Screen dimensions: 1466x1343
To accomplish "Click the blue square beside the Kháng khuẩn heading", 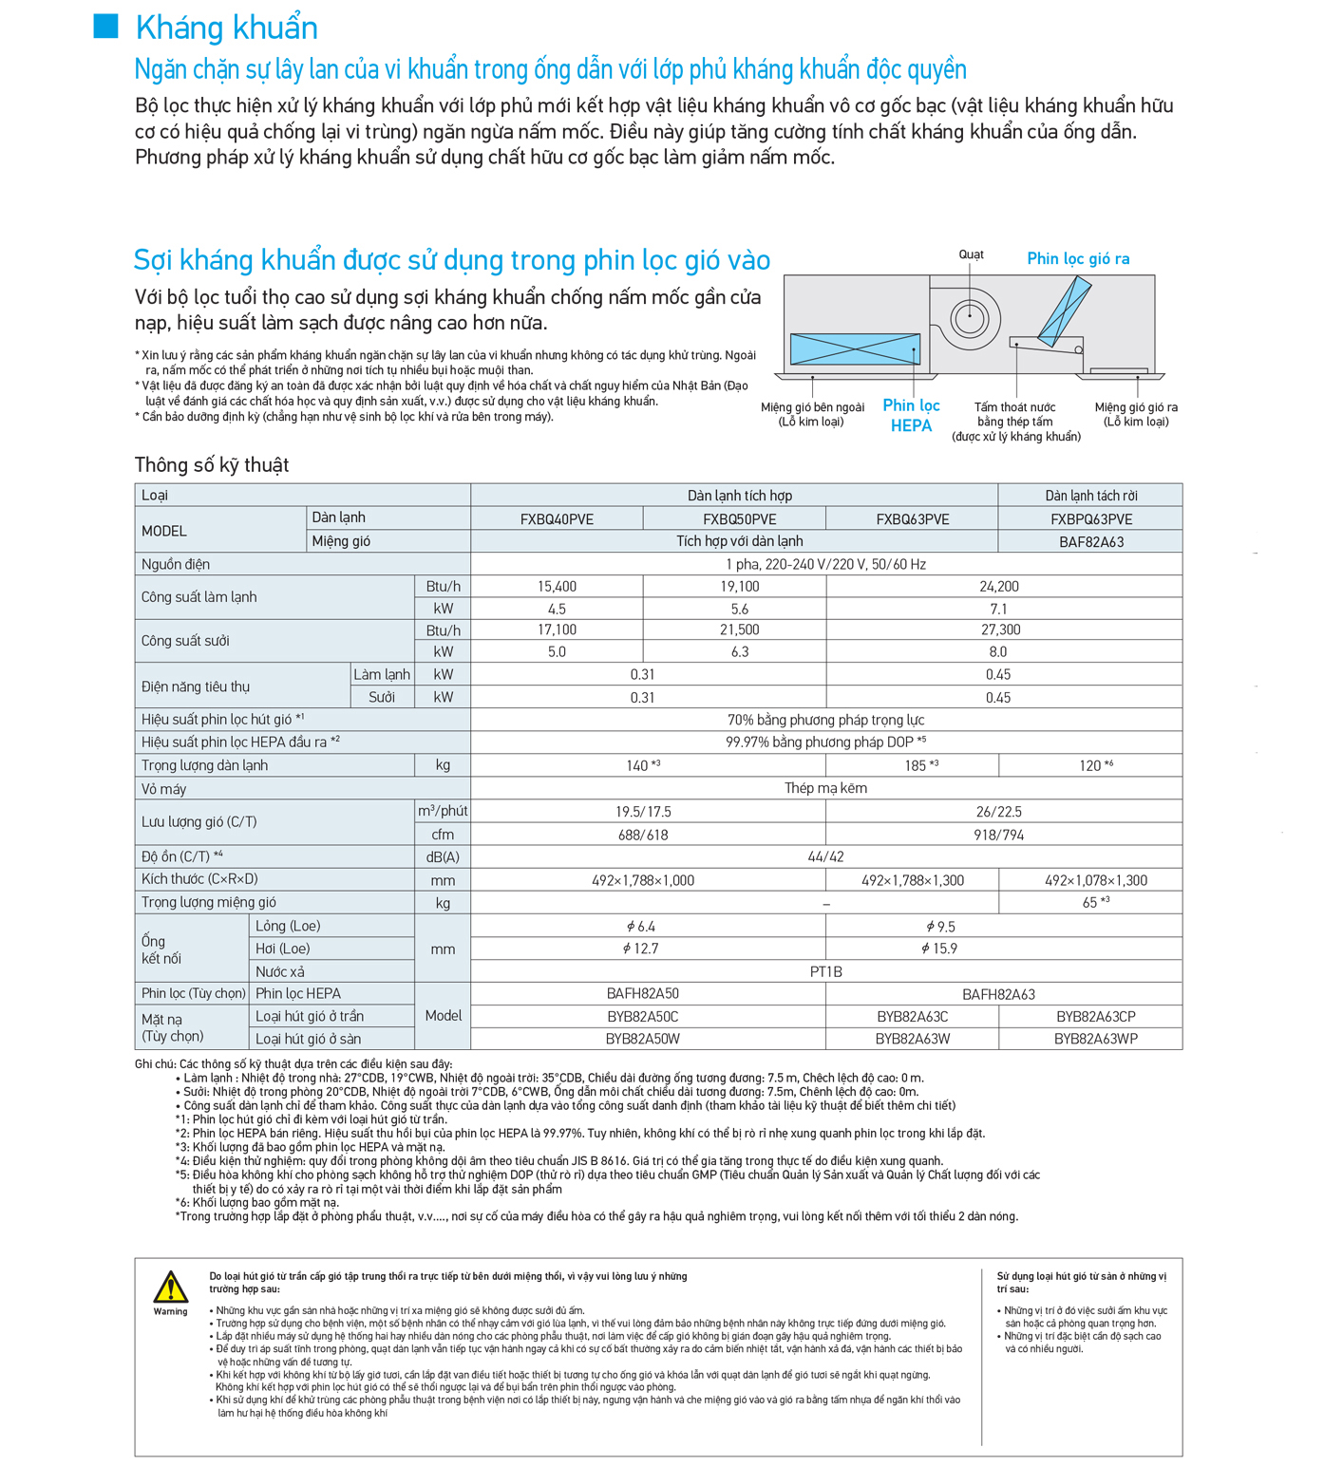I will click(x=105, y=27).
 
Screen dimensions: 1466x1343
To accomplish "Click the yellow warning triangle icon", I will click(x=171, y=1287).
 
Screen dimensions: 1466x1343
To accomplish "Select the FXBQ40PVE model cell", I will click(x=557, y=519).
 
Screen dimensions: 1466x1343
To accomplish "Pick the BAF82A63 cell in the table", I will click(x=1090, y=542).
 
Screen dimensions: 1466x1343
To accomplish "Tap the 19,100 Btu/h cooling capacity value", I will click(x=739, y=587).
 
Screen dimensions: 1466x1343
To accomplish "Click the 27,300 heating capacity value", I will click(x=999, y=630).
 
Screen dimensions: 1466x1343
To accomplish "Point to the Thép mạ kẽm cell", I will click(x=825, y=788).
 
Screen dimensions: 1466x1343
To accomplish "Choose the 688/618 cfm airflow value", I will click(x=643, y=835).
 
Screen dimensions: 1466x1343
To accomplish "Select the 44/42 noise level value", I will click(x=825, y=856).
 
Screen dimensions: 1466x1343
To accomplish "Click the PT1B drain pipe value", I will click(x=825, y=971).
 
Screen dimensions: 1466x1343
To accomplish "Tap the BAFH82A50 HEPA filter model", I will click(x=643, y=994).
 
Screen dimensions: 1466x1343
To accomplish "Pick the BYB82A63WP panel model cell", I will click(x=1095, y=1039).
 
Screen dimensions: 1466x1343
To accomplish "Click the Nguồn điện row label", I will click(x=176, y=564).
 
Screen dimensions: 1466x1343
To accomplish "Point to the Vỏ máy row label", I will click(x=163, y=789).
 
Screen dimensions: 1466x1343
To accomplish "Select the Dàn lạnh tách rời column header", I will click(x=1090, y=496).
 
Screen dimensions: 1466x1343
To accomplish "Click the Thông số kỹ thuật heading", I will click(x=212, y=465).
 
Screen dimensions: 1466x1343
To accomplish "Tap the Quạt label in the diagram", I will click(x=971, y=254).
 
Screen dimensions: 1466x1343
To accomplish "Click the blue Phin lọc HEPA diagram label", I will click(x=911, y=416).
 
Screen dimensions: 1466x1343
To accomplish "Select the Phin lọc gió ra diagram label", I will click(x=1078, y=258).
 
